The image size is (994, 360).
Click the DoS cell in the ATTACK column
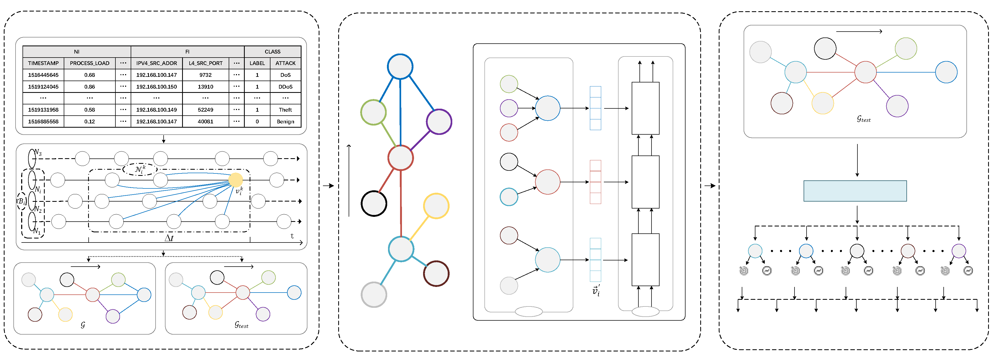(285, 75)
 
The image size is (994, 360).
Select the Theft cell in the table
(285, 109)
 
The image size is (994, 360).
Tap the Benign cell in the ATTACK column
(285, 122)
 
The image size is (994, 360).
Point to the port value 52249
(205, 109)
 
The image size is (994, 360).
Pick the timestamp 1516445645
(43, 75)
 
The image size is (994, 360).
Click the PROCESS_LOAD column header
(89, 63)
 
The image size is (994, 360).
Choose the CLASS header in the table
(272, 52)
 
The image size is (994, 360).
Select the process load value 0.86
(89, 87)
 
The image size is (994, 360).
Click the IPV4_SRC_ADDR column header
(156, 63)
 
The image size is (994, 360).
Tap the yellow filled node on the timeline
(235, 180)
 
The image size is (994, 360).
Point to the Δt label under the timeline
(169, 238)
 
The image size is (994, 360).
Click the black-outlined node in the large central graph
(374, 203)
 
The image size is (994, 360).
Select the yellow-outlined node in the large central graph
(436, 206)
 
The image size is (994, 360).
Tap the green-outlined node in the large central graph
(373, 112)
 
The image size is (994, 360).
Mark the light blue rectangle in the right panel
(855, 191)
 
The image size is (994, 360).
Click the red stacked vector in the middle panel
(595, 182)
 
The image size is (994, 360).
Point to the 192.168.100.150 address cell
(156, 87)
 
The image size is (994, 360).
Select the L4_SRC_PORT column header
(205, 63)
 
